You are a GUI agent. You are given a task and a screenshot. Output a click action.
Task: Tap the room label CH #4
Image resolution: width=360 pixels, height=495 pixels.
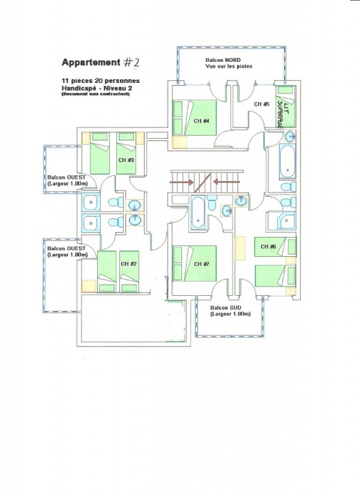(202, 121)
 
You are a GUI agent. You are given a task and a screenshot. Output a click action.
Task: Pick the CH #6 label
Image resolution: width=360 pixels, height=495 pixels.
(268, 247)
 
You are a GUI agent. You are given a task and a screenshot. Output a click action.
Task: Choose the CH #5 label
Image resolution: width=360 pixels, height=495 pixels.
(262, 104)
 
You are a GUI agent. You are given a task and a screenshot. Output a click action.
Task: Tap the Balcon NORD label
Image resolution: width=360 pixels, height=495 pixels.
(223, 59)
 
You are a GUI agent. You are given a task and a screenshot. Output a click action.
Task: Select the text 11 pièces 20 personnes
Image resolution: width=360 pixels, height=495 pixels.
(100, 81)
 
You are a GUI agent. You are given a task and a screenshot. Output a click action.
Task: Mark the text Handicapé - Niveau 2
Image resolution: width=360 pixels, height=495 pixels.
(95, 88)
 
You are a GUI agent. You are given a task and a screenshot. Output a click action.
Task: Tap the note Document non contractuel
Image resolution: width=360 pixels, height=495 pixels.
(95, 94)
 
